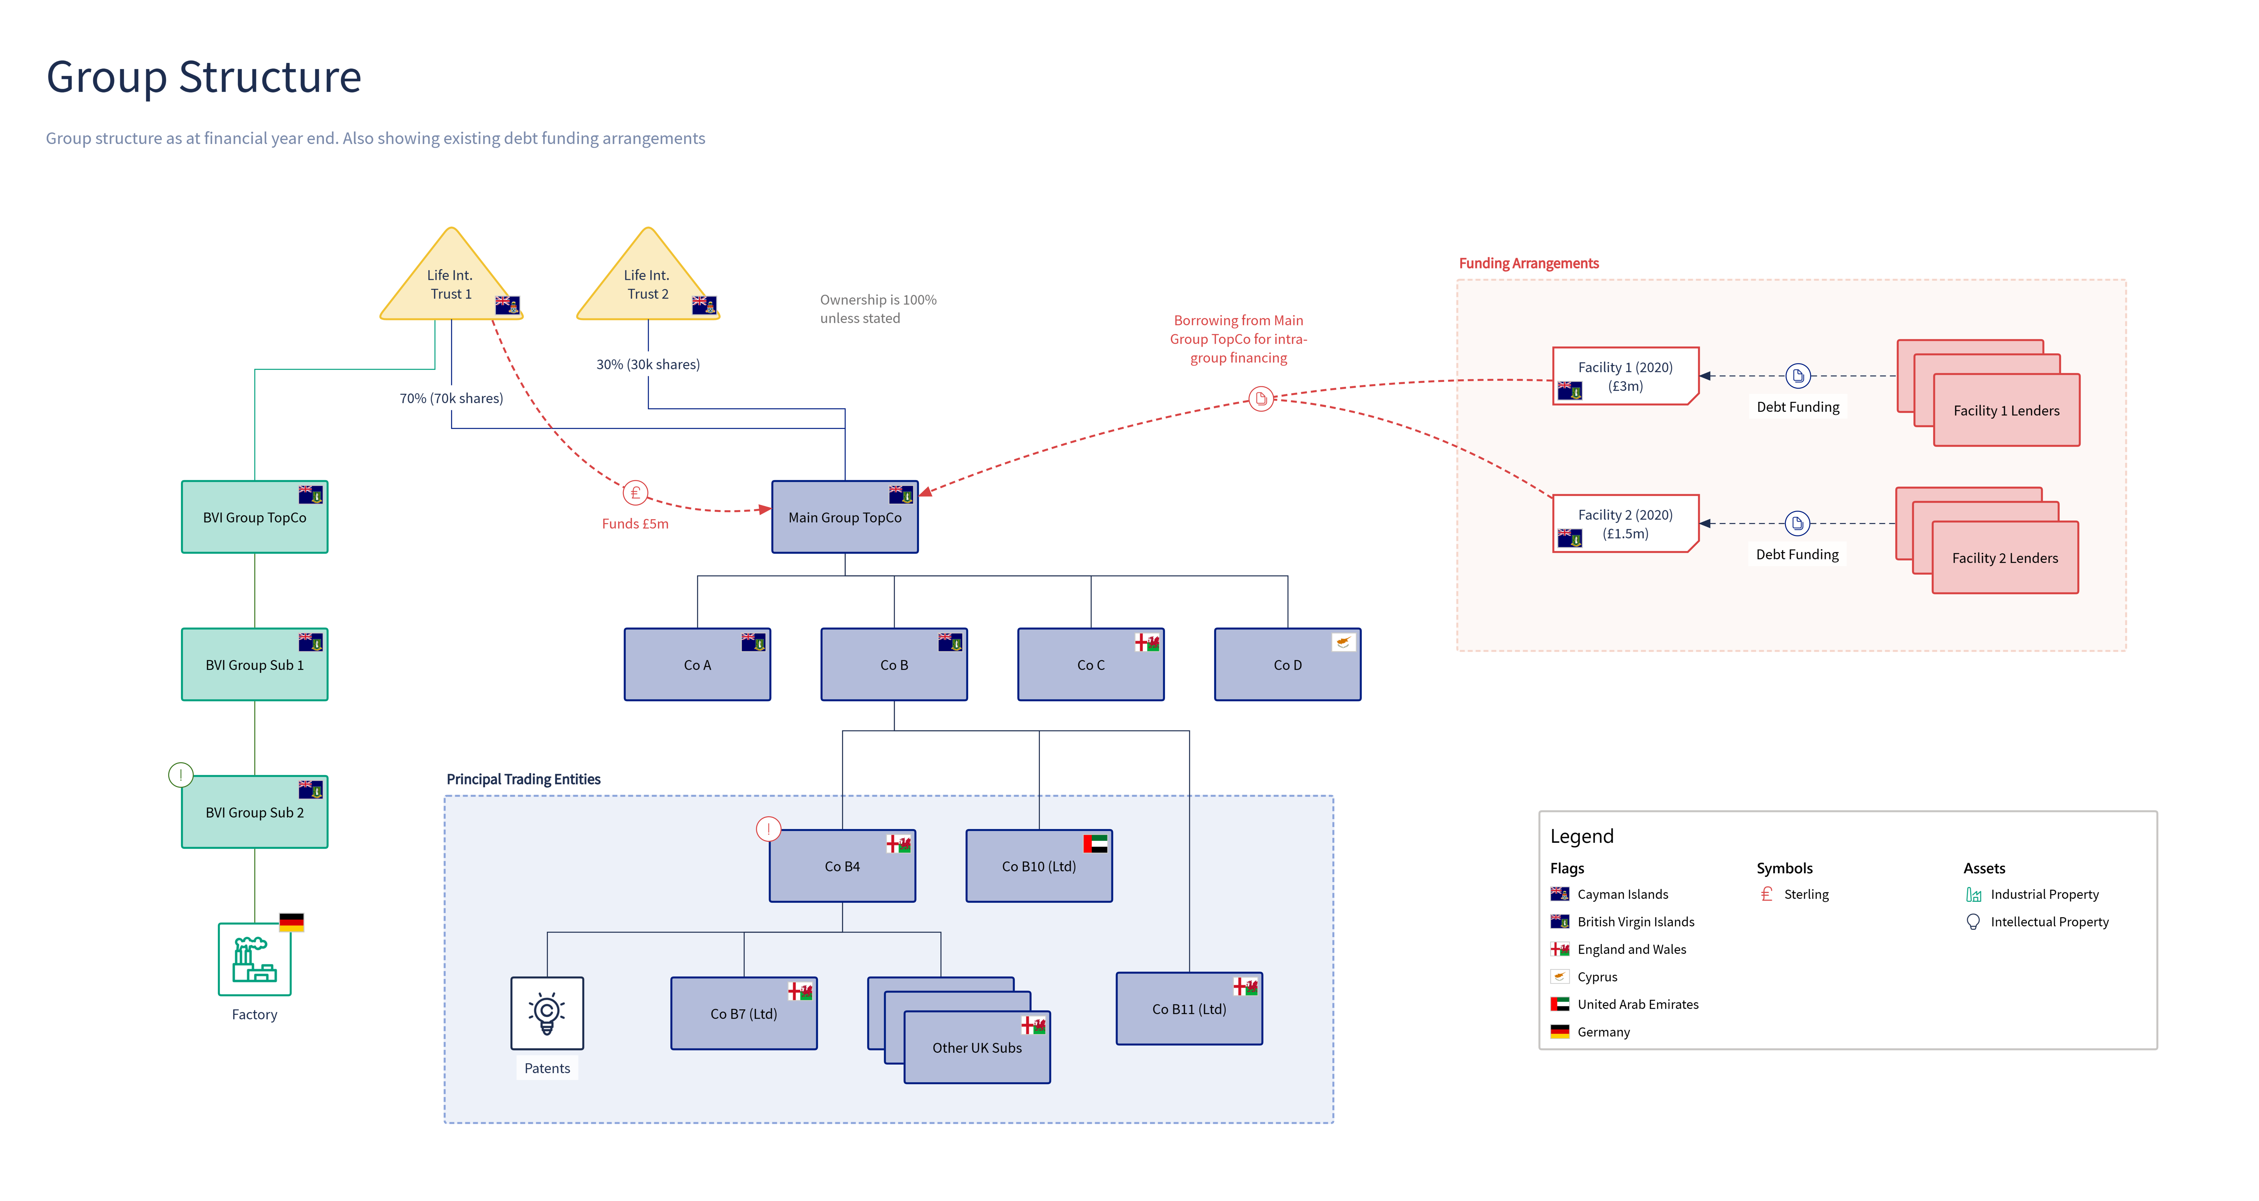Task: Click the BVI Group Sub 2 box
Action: point(254,812)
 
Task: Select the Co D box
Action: point(1287,665)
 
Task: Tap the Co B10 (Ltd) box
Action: point(1039,866)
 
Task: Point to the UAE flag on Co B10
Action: point(1095,843)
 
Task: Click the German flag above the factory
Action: point(291,922)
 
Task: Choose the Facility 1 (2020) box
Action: point(1626,376)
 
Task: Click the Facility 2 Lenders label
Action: point(2005,558)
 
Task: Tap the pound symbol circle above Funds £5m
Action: point(635,493)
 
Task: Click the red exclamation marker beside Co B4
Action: point(768,829)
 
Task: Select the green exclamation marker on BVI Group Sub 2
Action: point(181,775)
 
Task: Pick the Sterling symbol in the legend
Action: point(1767,894)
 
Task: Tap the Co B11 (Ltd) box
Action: point(1189,1009)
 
